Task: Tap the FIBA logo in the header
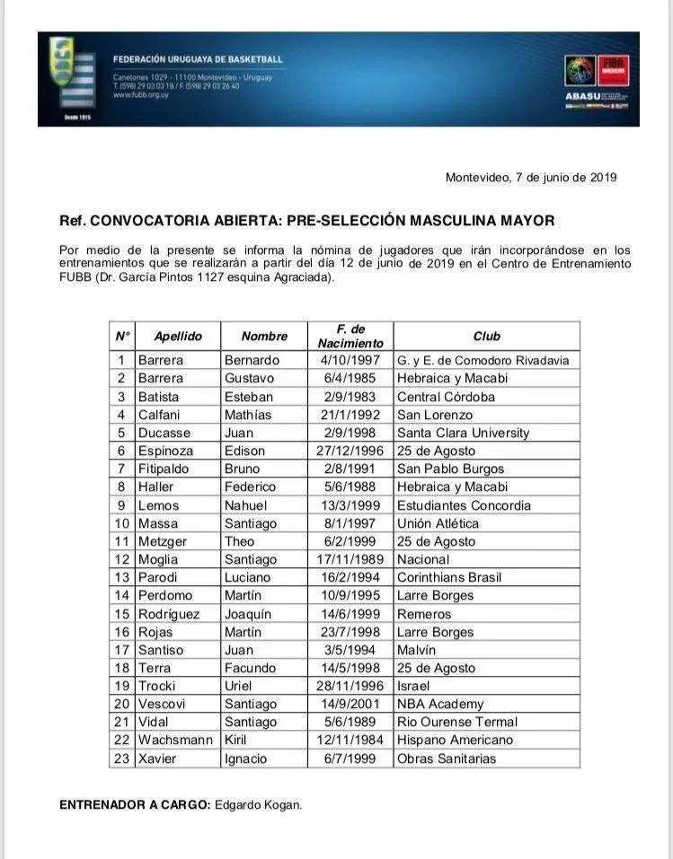click(616, 70)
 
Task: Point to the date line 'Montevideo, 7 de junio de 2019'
click(531, 178)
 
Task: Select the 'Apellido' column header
click(178, 337)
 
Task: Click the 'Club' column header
click(486, 337)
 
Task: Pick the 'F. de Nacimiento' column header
click(350, 337)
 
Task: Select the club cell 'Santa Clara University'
click(463, 433)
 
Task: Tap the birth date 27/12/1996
click(350, 451)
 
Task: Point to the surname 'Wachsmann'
click(175, 740)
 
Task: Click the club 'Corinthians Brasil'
click(449, 577)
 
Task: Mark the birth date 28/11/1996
click(350, 686)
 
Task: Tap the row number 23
click(122, 758)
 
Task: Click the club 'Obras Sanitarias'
click(446, 758)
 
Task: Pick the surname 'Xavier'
click(157, 758)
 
